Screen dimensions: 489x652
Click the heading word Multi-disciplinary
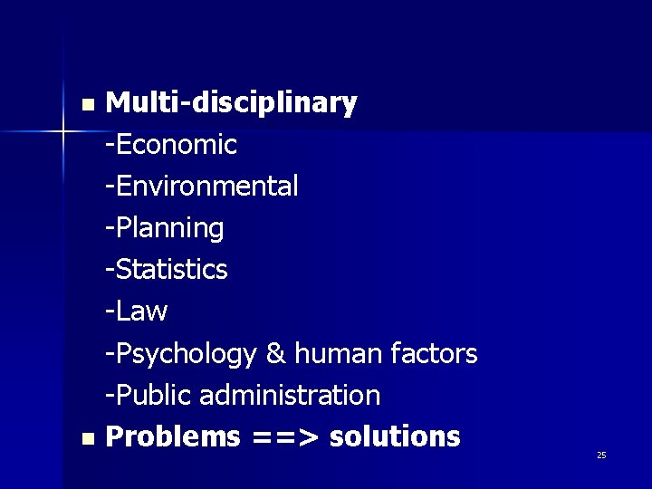[x=231, y=104]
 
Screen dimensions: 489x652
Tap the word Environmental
[x=206, y=187]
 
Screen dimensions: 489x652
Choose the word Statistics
[x=171, y=270]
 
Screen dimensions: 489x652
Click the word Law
[x=141, y=312]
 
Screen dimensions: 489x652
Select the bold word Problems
[x=173, y=436]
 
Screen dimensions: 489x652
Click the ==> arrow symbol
[x=285, y=437]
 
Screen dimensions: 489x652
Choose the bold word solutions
[x=395, y=436]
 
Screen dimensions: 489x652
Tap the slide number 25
[x=601, y=455]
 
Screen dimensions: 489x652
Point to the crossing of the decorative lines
[x=64, y=133]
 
